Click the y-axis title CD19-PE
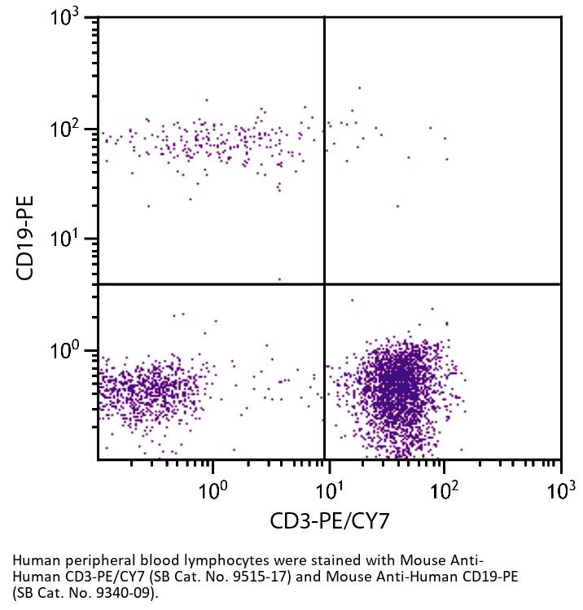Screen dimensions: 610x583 (25, 237)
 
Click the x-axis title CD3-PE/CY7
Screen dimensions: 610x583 (330, 520)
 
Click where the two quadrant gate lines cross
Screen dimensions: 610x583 (325, 284)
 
